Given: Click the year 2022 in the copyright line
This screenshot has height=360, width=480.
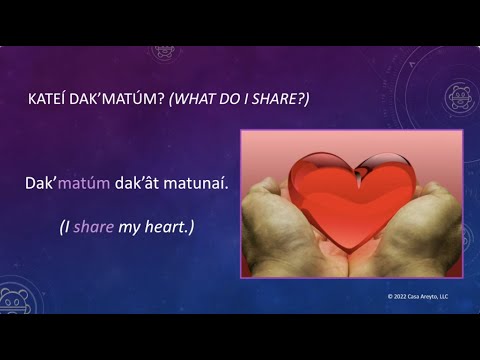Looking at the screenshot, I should (404, 297).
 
